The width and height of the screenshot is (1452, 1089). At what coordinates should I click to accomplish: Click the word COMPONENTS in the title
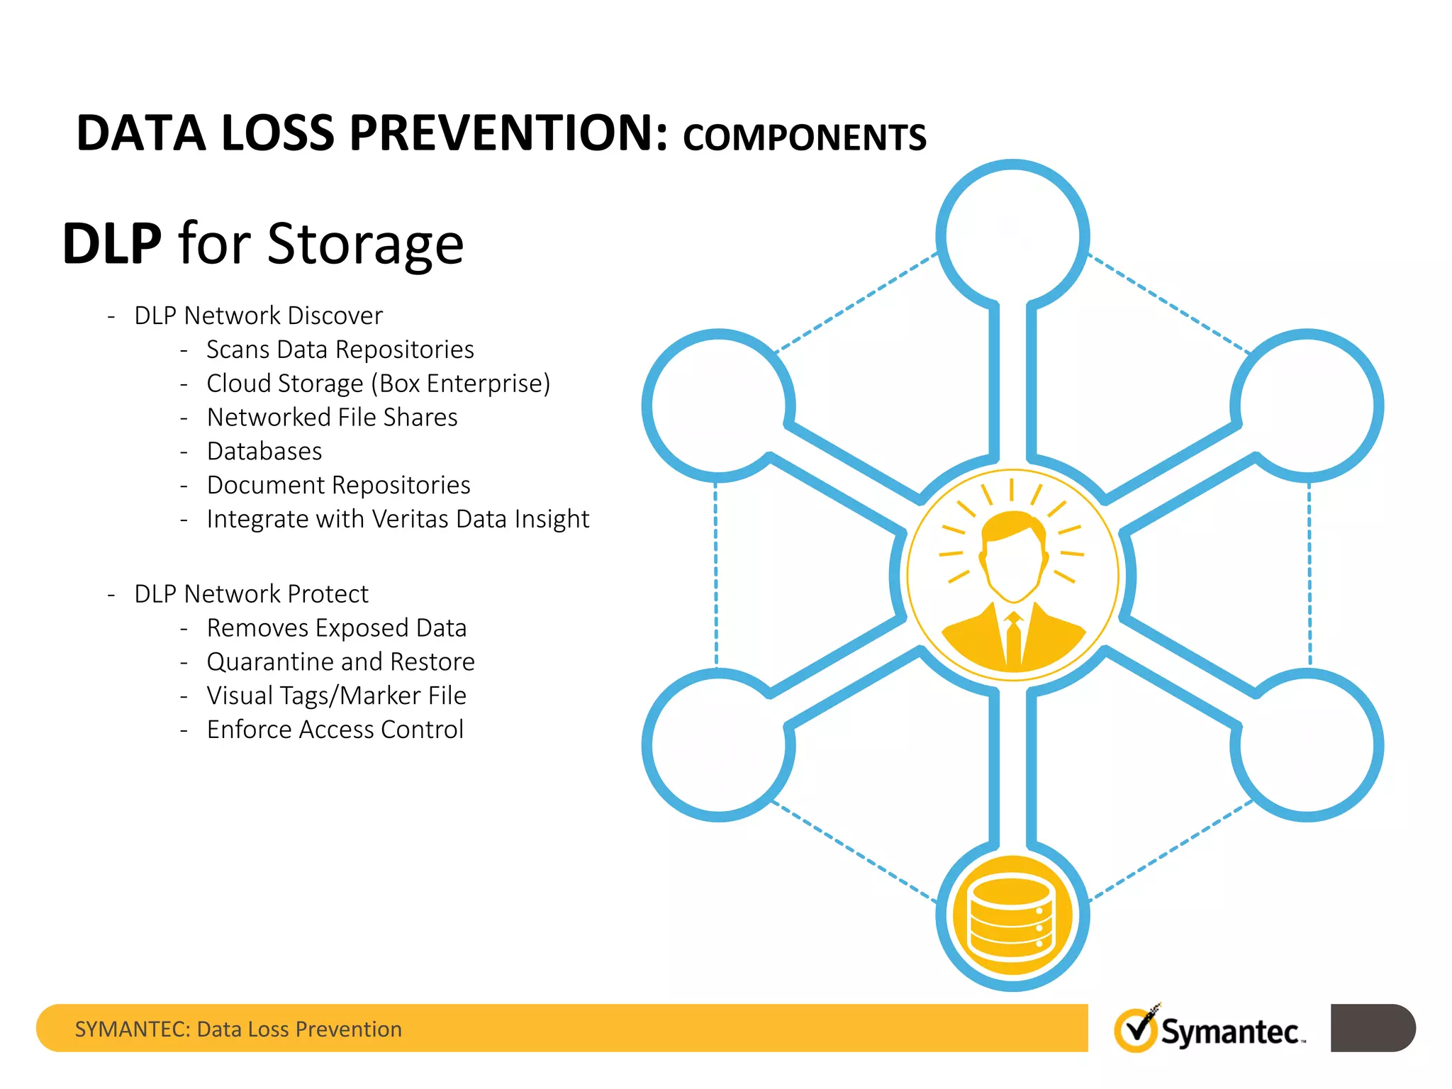click(x=804, y=138)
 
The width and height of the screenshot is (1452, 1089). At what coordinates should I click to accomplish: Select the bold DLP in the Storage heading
click(x=112, y=244)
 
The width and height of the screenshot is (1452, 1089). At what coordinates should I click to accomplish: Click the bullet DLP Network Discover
click(x=258, y=315)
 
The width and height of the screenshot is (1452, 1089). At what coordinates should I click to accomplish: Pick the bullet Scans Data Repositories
click(x=340, y=350)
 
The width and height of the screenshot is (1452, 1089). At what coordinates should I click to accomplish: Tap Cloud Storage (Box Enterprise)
click(x=378, y=384)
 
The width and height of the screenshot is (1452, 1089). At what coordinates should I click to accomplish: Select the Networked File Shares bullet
click(x=332, y=418)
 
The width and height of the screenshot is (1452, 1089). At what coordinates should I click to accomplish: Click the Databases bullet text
click(x=264, y=452)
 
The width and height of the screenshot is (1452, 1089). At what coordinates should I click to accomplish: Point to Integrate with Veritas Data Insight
click(x=398, y=519)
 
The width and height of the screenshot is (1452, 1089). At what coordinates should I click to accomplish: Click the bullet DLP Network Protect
click(x=251, y=594)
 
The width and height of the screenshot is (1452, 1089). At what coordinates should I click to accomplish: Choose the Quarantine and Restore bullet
click(x=340, y=661)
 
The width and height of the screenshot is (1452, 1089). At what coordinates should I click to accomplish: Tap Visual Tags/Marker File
click(x=336, y=696)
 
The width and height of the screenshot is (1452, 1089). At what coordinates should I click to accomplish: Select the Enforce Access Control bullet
click(x=335, y=730)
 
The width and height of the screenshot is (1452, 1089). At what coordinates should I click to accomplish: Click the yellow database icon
click(x=1012, y=915)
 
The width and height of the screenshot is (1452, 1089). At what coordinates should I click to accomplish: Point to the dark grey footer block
click(x=1372, y=1028)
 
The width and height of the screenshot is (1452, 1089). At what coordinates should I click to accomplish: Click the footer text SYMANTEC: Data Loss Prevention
click(x=238, y=1029)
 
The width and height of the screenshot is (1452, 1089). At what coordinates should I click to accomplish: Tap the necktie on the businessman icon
click(x=1014, y=638)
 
